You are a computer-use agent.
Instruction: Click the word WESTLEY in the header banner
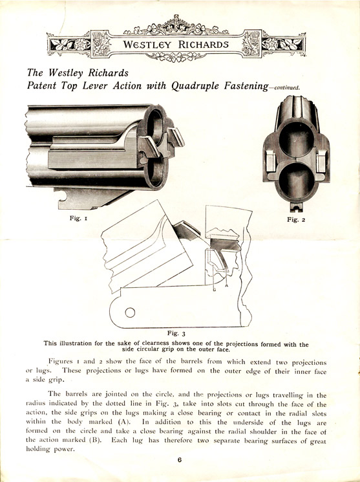[x=147, y=45]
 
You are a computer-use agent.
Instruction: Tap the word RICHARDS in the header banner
[x=204, y=45]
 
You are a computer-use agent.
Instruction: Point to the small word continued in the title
[x=287, y=88]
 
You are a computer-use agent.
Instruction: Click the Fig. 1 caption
[x=78, y=218]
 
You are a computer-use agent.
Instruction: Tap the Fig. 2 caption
[x=296, y=219]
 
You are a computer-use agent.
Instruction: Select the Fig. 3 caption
[x=176, y=333]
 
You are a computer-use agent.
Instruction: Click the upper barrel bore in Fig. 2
[x=296, y=139]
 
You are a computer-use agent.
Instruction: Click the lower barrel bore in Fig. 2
[x=297, y=181]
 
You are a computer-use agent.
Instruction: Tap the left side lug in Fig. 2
[x=271, y=161]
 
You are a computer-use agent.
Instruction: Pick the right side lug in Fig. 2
[x=322, y=161]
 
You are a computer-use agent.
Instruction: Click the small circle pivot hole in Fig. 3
[x=130, y=312]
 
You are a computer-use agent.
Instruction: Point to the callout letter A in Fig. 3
[x=227, y=285]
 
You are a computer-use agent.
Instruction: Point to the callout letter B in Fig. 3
[x=215, y=289]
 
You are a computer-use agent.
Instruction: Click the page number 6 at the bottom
[x=180, y=460]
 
